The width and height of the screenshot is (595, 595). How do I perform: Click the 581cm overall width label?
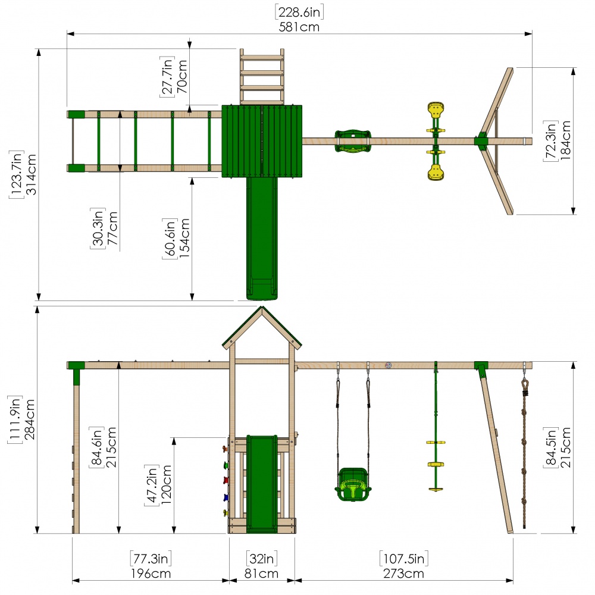coord(299,27)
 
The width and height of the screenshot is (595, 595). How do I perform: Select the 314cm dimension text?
coord(31,174)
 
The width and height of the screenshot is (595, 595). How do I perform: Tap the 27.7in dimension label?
coord(167,77)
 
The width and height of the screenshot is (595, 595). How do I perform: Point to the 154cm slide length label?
coord(184,238)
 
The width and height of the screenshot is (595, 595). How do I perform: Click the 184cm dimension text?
coord(565,140)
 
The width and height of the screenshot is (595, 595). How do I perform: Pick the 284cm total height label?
coord(29,419)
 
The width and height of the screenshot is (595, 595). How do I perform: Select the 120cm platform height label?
coord(166,484)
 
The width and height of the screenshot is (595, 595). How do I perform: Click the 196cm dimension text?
coord(151,574)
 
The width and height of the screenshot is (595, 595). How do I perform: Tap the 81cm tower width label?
coord(261,574)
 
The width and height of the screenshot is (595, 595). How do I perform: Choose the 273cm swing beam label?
coord(403,574)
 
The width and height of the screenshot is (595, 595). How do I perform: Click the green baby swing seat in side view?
coord(353,484)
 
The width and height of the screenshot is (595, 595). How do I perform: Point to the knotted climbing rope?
coord(524,452)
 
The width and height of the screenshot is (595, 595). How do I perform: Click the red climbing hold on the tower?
coord(226,480)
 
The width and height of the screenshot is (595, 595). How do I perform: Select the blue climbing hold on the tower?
coord(226,497)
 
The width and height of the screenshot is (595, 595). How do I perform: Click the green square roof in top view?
coord(262,141)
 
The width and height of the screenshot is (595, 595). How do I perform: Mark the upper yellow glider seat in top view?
coord(436,111)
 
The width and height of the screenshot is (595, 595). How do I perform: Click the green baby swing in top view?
coord(353,141)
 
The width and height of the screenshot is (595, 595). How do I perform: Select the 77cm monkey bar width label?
coord(112,228)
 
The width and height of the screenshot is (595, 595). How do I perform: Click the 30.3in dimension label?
coord(98,228)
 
